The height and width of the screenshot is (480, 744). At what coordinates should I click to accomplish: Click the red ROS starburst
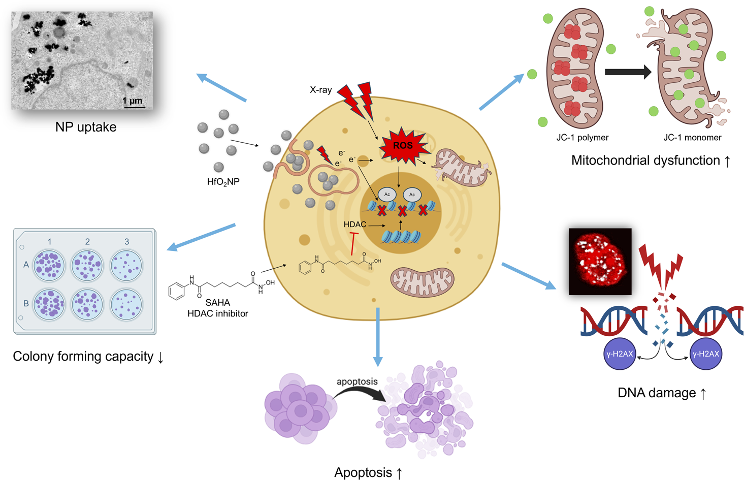(403, 146)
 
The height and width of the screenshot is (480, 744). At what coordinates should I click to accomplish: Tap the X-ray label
(320, 90)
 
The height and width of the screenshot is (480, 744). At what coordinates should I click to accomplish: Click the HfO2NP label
(223, 182)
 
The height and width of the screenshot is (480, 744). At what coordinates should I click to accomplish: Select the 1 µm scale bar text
(132, 101)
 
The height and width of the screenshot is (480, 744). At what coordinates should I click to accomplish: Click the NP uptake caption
(86, 127)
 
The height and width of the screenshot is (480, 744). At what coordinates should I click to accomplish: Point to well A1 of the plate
(49, 266)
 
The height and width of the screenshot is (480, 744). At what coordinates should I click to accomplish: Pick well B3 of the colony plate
(126, 304)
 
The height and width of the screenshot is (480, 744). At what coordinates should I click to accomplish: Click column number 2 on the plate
(87, 241)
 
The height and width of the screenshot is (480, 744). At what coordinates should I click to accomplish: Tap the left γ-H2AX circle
(620, 354)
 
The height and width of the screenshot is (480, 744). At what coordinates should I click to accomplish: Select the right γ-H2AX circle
(706, 354)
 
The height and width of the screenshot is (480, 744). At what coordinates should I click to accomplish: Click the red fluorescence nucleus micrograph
(600, 262)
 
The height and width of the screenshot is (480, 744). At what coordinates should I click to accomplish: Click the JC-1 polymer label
(583, 138)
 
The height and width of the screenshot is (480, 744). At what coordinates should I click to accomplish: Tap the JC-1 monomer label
(692, 138)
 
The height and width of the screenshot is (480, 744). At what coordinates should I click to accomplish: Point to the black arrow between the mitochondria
(628, 72)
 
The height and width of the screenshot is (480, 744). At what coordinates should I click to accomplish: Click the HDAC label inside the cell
(354, 225)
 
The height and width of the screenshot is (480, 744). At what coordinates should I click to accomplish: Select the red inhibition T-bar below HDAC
(354, 244)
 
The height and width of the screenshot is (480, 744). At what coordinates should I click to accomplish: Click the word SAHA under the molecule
(217, 303)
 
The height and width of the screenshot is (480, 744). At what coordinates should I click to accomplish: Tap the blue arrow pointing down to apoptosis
(378, 337)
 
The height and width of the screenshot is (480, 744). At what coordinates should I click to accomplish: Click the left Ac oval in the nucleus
(387, 195)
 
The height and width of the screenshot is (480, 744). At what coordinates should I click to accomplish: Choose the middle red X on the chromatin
(403, 211)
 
